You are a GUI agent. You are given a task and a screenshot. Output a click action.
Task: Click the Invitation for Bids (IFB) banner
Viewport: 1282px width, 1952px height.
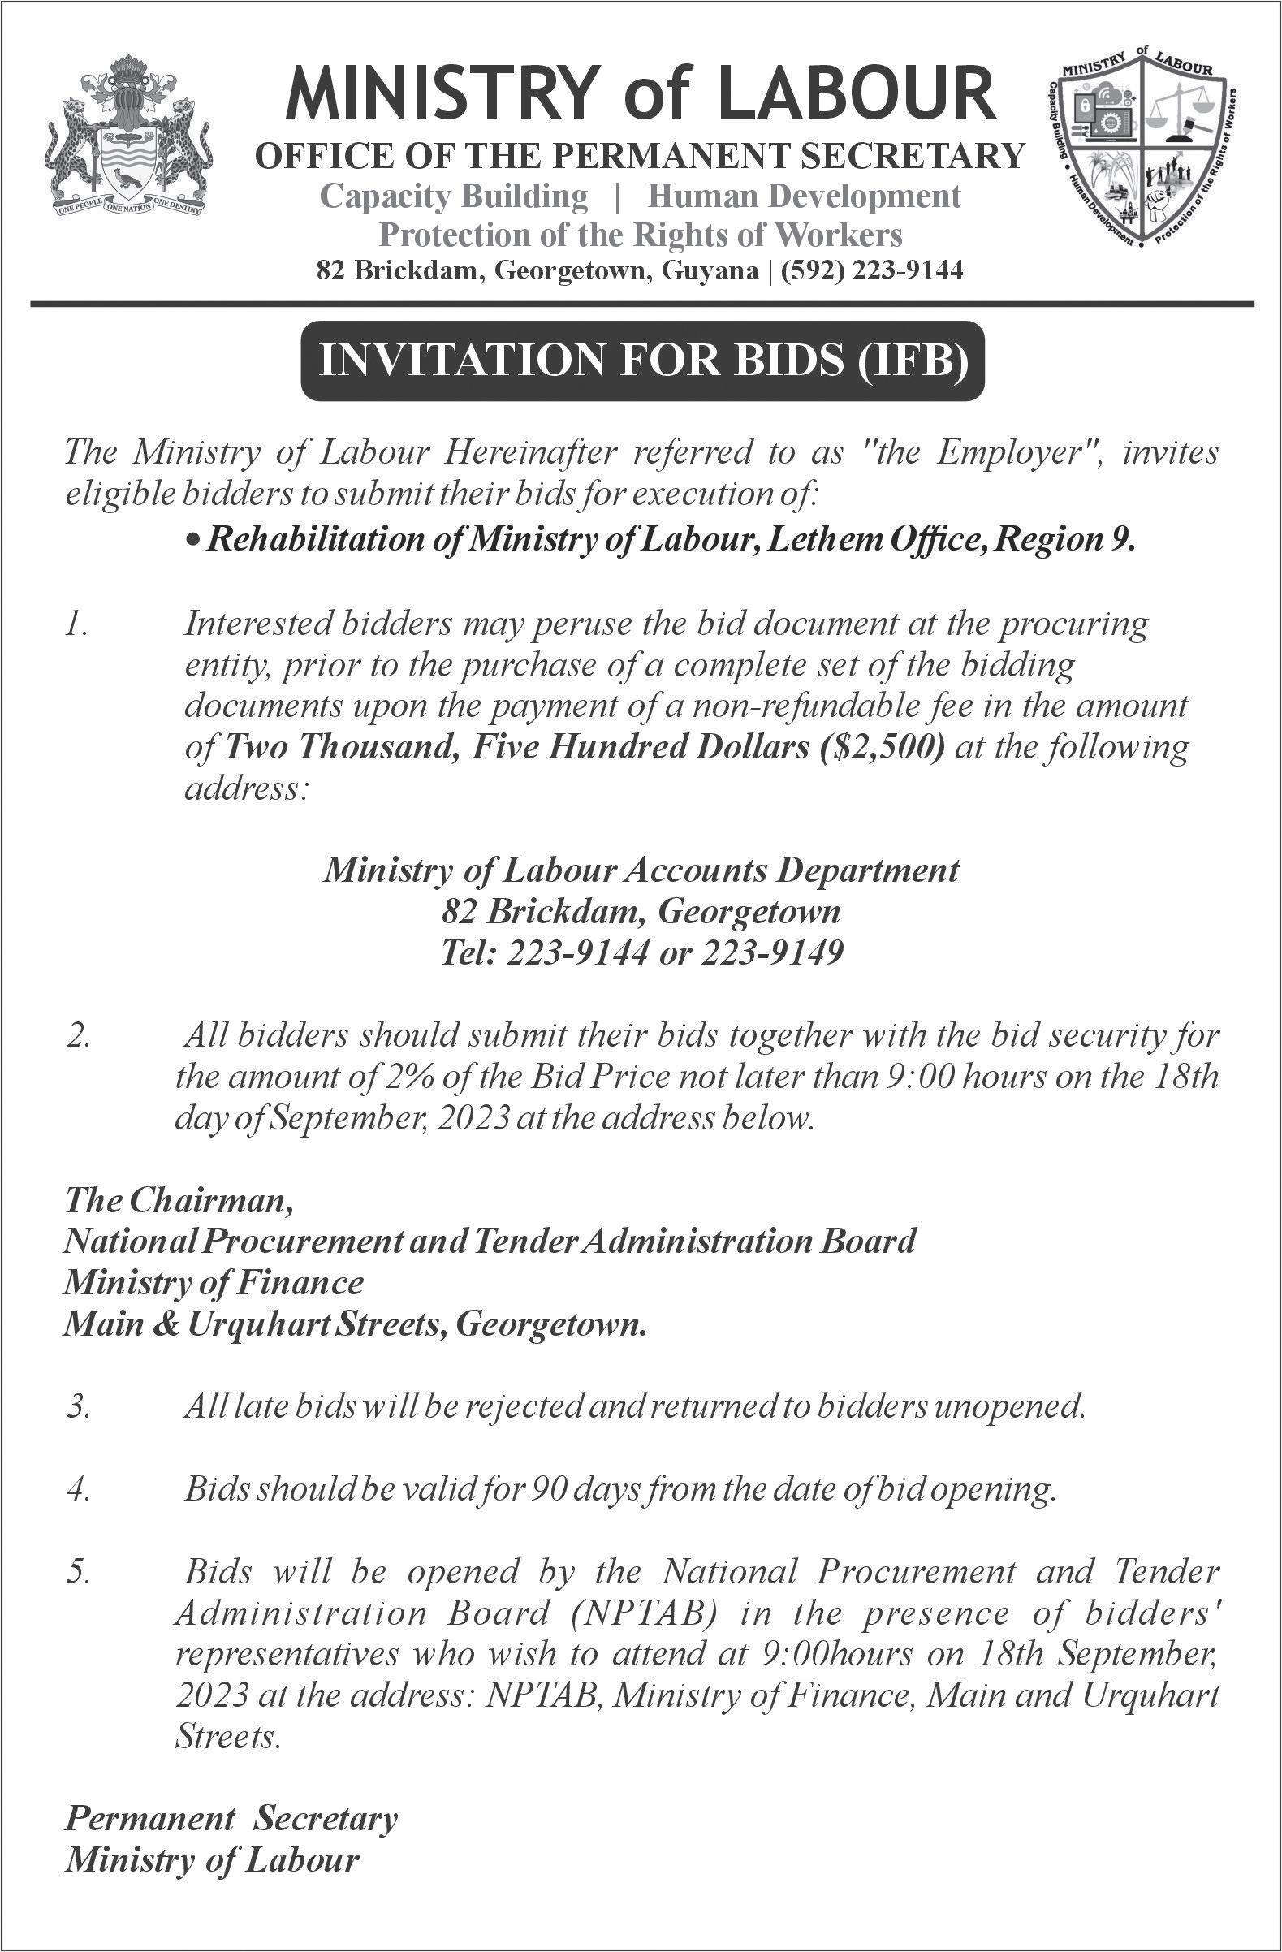[641, 361]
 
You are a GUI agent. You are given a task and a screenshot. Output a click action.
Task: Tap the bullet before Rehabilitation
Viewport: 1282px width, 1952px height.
[192, 542]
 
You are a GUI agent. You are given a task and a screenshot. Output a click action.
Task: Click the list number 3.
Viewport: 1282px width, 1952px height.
[79, 1407]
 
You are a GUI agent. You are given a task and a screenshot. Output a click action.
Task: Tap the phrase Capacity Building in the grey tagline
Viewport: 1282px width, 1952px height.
[454, 196]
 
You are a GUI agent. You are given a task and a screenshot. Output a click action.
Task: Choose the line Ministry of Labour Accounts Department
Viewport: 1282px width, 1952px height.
[641, 870]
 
